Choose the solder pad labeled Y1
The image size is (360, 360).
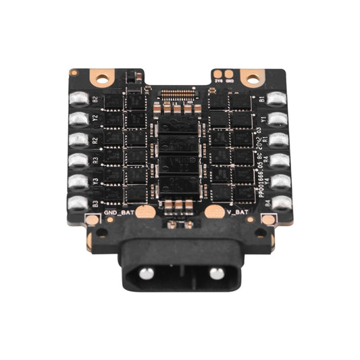278,119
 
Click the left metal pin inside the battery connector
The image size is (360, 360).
145,272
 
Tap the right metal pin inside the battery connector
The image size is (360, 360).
215,272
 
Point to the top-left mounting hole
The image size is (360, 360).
105,79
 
